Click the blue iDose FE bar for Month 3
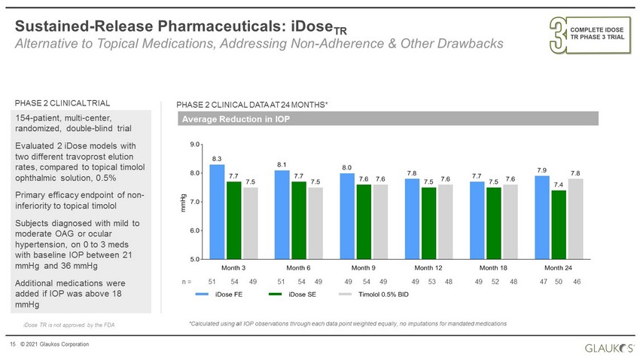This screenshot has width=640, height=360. click(x=217, y=212)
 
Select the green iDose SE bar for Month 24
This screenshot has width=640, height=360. click(x=559, y=225)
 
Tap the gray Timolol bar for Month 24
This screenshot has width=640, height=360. click(x=575, y=219)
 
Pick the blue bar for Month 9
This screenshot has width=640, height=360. click(x=347, y=216)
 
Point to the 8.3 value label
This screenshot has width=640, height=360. click(x=217, y=159)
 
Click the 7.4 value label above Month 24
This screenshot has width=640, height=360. click(x=559, y=185)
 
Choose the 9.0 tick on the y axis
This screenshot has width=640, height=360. click(x=195, y=145)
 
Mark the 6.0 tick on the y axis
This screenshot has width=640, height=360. click(x=195, y=230)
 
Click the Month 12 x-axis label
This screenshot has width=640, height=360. click(x=428, y=268)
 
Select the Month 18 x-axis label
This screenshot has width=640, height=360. click(x=493, y=268)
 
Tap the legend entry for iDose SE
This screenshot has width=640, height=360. click(x=292, y=294)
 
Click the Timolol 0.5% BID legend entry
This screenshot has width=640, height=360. click(x=373, y=294)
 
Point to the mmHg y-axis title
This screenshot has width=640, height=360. click(x=183, y=203)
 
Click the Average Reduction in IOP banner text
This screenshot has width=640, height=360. click(x=236, y=119)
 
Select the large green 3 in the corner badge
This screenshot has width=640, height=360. click(x=557, y=35)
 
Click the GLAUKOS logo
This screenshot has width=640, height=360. click(x=610, y=348)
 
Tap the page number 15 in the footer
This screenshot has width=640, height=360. click(x=13, y=344)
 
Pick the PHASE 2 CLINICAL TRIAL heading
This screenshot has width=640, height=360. click(x=62, y=103)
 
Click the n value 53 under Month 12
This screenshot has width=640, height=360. click(x=432, y=282)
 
